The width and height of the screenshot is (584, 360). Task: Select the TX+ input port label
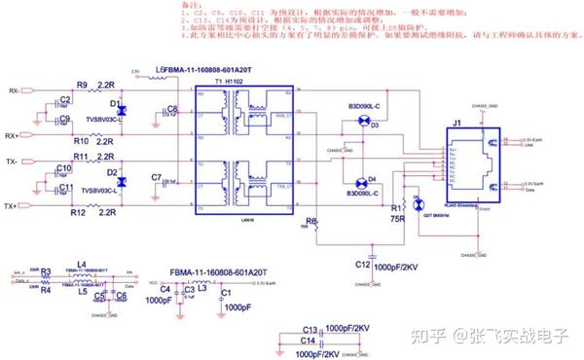pyautogui.click(x=13, y=206)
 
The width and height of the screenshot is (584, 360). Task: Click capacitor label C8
pyautogui.click(x=172, y=109)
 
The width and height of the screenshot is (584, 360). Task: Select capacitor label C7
pyautogui.click(x=155, y=177)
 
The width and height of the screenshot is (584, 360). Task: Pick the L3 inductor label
pyautogui.click(x=201, y=288)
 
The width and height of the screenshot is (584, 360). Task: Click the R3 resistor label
pyautogui.click(x=46, y=273)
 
